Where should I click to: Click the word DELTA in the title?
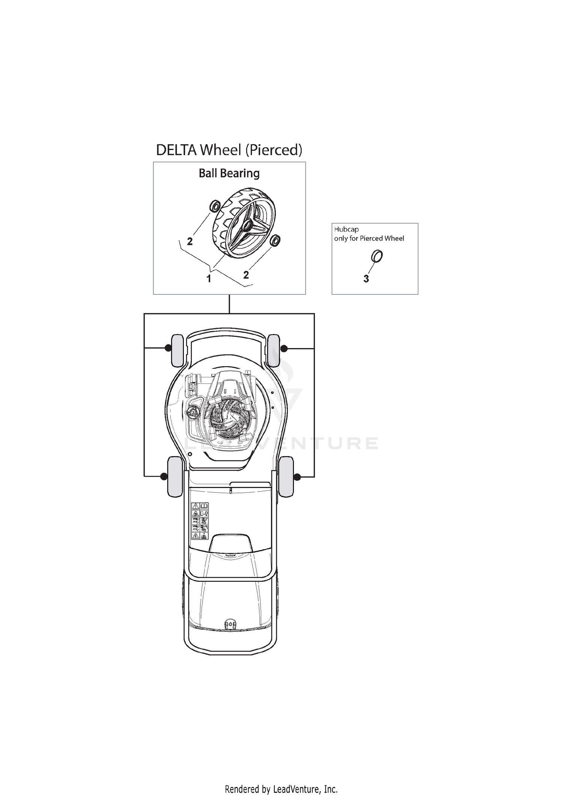coord(176,150)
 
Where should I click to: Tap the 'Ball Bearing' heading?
coord(229,173)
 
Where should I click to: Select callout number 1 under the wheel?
coord(209,278)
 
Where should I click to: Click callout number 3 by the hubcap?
coord(366,279)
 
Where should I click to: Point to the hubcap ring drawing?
coord(377,257)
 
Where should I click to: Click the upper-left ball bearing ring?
coord(215,206)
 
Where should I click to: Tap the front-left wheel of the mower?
coord(177,350)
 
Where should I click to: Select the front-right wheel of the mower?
coord(274,350)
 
